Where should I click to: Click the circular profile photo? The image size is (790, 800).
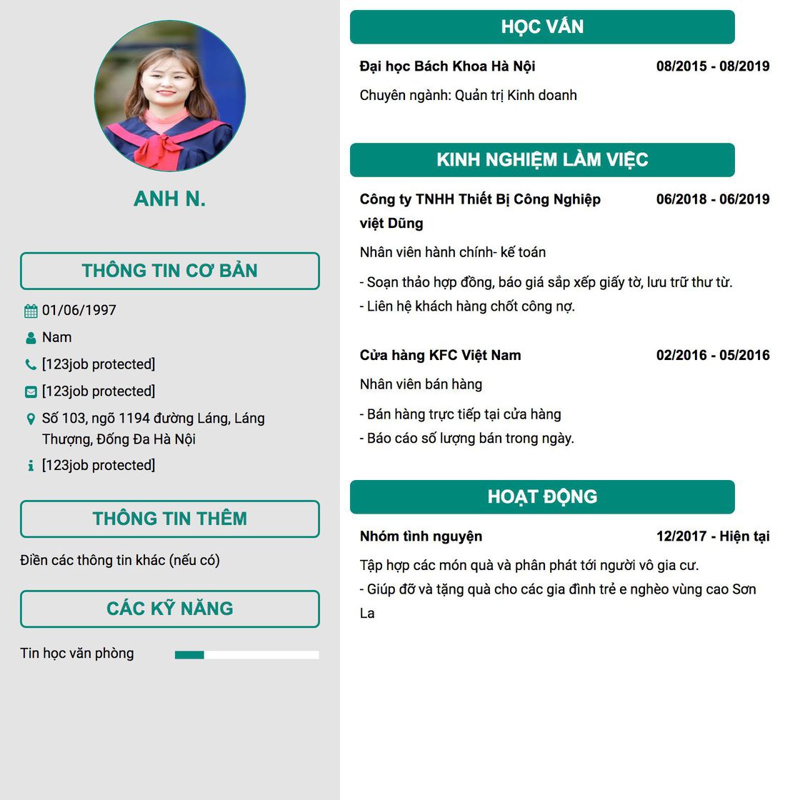[170, 96]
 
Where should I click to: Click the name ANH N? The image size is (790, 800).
[170, 199]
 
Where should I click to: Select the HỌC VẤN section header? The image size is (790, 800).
[542, 27]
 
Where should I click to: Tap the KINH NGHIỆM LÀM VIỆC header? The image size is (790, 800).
[542, 160]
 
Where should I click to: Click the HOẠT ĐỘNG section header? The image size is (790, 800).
[542, 497]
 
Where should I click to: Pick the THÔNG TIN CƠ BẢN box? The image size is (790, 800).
[170, 271]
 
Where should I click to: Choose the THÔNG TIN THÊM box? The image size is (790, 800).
[170, 519]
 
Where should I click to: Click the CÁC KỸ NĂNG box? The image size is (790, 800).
[170, 609]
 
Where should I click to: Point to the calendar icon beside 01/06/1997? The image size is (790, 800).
[31, 311]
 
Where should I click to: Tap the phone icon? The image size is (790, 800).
[31, 365]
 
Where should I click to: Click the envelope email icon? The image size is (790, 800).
[31, 391]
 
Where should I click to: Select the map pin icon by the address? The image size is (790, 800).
[31, 419]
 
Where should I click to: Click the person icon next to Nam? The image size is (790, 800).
[31, 338]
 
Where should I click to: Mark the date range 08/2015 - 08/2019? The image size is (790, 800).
[713, 66]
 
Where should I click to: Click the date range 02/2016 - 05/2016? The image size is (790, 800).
[713, 355]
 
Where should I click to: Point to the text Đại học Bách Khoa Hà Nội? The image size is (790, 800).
[448, 66]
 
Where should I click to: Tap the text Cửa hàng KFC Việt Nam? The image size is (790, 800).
[441, 355]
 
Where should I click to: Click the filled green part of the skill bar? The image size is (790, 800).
[189, 654]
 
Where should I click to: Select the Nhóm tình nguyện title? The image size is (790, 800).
[421, 536]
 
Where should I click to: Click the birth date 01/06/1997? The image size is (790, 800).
[79, 311]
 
